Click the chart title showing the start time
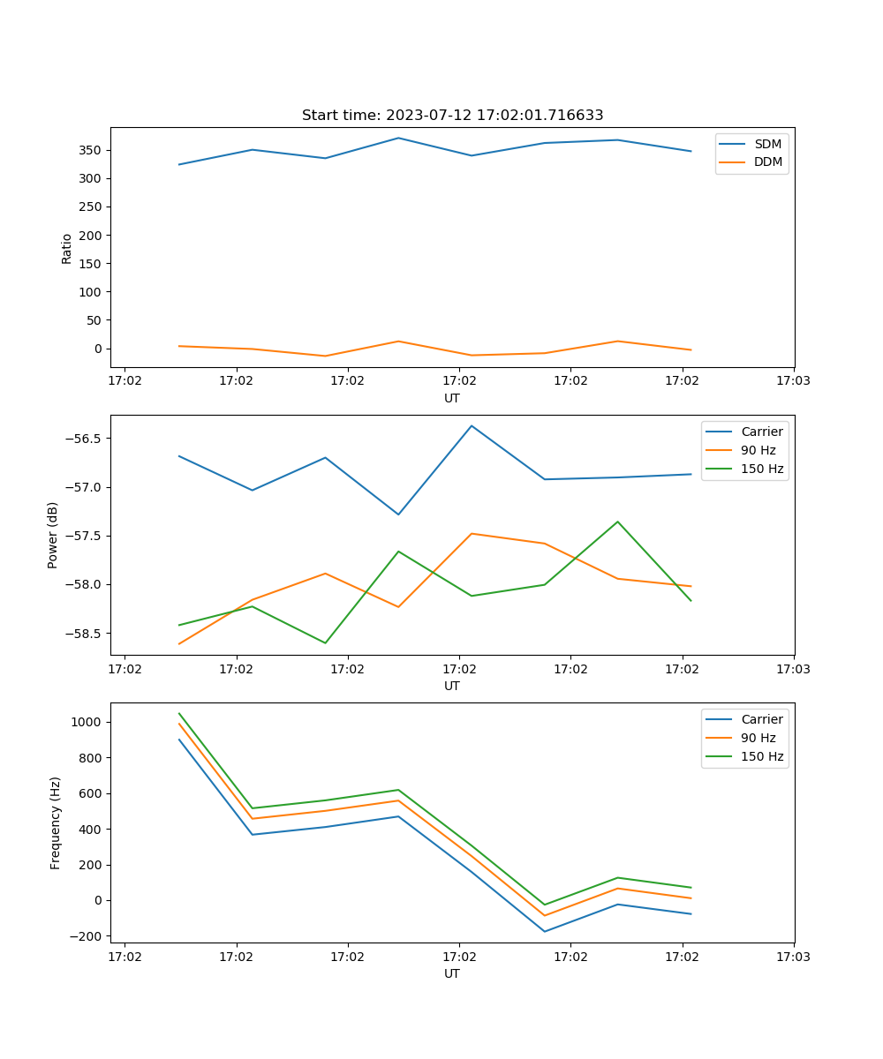tap(452, 116)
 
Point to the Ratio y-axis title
tap(67, 248)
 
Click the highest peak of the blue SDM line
tap(398, 138)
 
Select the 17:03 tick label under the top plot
tap(793, 382)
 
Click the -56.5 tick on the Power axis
tap(84, 439)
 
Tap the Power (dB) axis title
tap(53, 535)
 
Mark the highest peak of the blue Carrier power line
tap(472, 426)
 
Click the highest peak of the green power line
tap(617, 522)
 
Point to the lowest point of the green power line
tap(325, 642)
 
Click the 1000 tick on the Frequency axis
tap(88, 722)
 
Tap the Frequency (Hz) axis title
tap(56, 822)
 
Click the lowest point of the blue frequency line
tap(544, 931)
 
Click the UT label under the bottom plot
tap(452, 973)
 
